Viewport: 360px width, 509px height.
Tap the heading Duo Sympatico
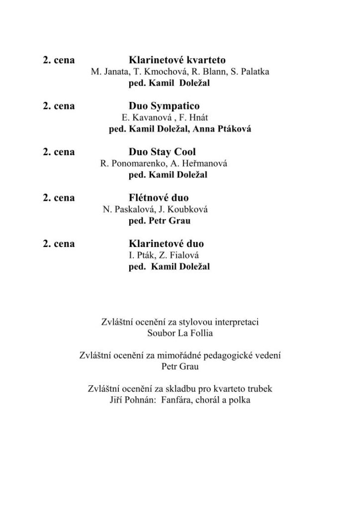tap(164, 106)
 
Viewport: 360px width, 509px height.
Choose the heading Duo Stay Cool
tap(162, 152)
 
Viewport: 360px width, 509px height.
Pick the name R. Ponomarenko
tap(129, 164)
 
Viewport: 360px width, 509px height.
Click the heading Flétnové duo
tap(159, 198)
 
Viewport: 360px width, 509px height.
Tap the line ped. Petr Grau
tap(160, 221)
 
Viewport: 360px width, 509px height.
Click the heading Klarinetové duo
tap(166, 244)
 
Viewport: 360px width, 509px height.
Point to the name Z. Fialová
tap(172, 255)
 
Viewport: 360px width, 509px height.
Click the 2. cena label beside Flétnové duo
tap(59, 198)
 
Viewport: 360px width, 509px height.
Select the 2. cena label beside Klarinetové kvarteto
tap(59, 60)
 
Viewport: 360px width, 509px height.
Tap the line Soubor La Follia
tap(180, 333)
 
